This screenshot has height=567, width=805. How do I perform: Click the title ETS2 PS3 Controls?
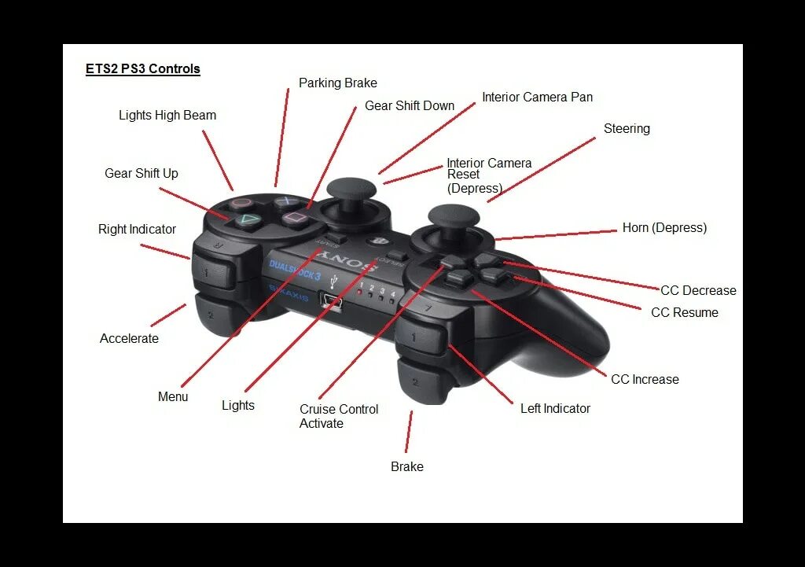click(x=143, y=69)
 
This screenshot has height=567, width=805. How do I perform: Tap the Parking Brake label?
click(x=338, y=83)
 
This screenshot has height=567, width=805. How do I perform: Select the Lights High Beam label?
click(x=167, y=116)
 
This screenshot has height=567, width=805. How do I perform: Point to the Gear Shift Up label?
click(x=142, y=174)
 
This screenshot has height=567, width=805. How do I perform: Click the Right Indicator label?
click(x=137, y=230)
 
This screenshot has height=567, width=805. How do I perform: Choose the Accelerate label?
click(x=129, y=339)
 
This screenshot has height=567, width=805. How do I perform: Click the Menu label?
click(x=173, y=397)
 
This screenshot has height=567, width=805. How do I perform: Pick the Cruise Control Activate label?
click(x=339, y=416)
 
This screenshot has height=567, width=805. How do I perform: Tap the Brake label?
click(x=407, y=467)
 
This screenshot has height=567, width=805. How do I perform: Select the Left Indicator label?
click(x=555, y=409)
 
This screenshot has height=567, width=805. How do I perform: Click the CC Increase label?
click(x=645, y=380)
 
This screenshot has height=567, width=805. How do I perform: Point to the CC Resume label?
click(x=685, y=313)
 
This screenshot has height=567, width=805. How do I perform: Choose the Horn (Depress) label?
click(x=664, y=228)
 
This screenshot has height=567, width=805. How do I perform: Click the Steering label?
click(x=627, y=129)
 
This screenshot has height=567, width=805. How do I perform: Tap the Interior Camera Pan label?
click(x=538, y=98)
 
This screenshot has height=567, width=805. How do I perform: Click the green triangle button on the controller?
click(x=247, y=219)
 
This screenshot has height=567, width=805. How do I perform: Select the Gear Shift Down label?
click(x=410, y=106)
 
